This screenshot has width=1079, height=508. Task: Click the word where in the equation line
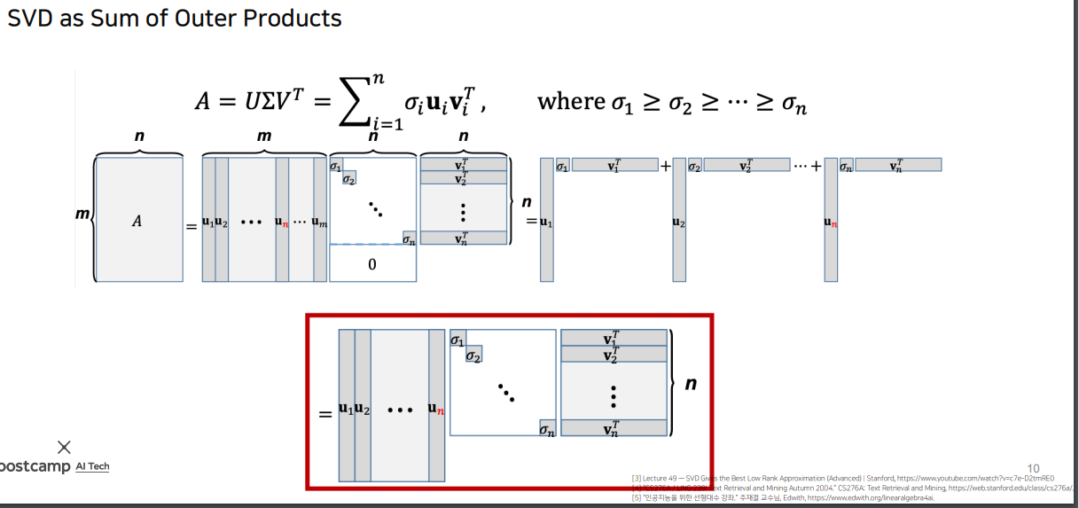click(570, 101)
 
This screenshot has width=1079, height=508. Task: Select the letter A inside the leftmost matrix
click(137, 221)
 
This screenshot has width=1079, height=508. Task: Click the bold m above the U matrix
click(263, 137)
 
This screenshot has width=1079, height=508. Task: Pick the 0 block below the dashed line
click(371, 264)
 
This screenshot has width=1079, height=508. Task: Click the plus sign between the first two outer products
click(665, 166)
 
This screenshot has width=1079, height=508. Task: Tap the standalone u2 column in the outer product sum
click(679, 223)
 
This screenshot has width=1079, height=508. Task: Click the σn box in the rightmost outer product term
click(846, 166)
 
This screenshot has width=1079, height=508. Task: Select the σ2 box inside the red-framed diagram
click(474, 356)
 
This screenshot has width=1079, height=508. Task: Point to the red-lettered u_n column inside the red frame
click(436, 409)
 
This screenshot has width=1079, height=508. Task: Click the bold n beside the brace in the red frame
click(690, 384)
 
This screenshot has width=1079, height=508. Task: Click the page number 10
click(1033, 468)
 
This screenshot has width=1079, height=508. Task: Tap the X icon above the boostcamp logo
click(64, 447)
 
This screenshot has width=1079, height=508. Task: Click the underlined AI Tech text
click(92, 466)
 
